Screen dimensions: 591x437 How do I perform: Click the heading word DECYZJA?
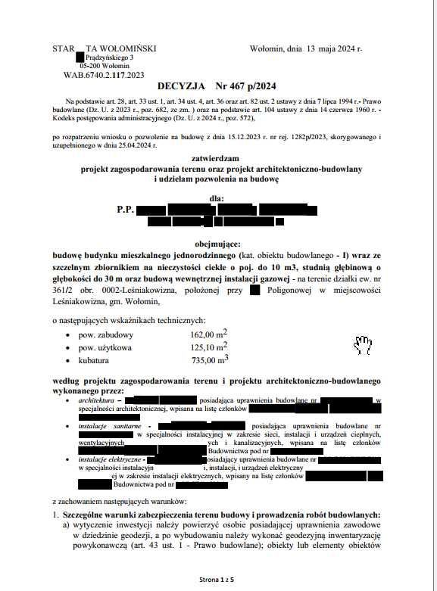(x=183, y=87)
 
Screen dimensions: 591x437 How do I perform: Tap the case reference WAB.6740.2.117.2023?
(x=104, y=75)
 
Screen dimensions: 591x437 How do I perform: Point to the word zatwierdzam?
(x=217, y=160)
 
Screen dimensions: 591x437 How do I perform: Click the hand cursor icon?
(x=363, y=345)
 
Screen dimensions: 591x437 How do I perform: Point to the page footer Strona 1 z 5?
(x=217, y=579)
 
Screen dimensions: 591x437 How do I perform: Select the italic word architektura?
(x=95, y=399)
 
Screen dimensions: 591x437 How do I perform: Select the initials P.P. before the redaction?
(x=125, y=209)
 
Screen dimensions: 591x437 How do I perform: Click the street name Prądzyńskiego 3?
(x=111, y=58)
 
